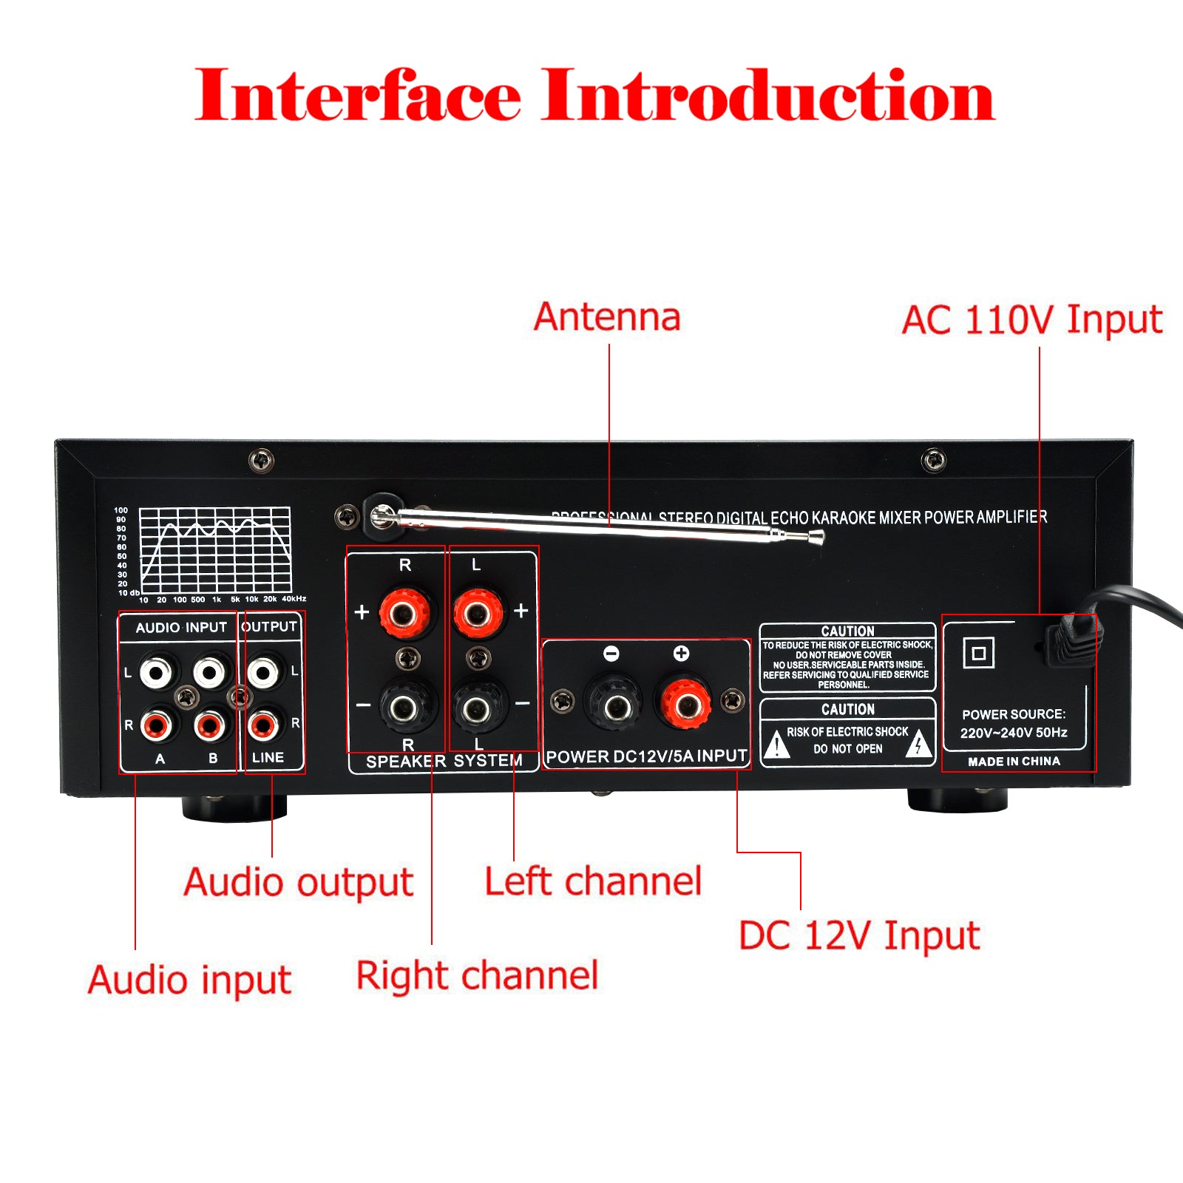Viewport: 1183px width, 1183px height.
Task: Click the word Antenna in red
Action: [x=607, y=317]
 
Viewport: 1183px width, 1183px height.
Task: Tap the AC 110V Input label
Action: [x=1031, y=321]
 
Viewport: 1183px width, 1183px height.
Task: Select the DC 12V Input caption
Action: [x=859, y=935]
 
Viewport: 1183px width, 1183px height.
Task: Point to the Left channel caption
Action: [x=593, y=881]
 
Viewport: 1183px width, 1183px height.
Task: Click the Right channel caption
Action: [x=477, y=975]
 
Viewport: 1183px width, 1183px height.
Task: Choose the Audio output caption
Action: [x=298, y=882]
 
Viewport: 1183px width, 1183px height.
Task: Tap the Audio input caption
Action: [x=189, y=980]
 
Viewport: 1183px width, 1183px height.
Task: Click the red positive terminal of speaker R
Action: [x=404, y=613]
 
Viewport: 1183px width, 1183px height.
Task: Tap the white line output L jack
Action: [x=263, y=672]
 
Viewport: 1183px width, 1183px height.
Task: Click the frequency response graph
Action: [x=215, y=550]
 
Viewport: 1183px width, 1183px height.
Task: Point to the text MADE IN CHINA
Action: [x=1014, y=762]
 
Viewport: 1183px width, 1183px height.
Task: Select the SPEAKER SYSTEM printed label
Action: [x=444, y=761]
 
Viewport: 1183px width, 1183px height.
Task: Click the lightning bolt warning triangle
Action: [x=918, y=744]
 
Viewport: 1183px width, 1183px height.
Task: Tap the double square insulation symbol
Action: [x=978, y=653]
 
